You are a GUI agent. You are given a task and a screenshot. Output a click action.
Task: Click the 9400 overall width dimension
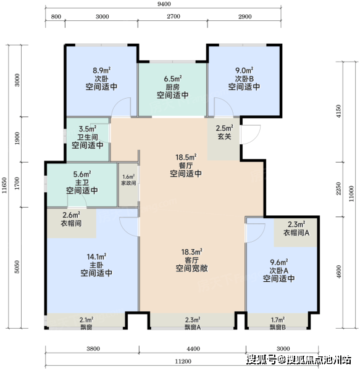tap(164, 4)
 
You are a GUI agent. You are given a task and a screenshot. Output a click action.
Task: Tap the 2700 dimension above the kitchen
tap(174, 17)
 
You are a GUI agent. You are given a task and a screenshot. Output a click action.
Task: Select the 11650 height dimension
tap(4, 185)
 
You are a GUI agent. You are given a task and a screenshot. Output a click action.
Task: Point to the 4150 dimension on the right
tap(338, 112)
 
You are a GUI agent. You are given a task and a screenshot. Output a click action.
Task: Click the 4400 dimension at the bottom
tap(193, 348)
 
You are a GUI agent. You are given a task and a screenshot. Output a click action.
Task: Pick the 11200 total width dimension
tap(183, 361)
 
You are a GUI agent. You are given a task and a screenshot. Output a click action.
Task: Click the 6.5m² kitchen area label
tap(173, 78)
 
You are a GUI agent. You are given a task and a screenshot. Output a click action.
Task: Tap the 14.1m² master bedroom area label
tap(96, 257)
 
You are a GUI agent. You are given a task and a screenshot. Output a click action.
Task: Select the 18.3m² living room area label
tap(191, 252)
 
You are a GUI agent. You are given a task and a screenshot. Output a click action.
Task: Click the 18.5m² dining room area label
tap(186, 157)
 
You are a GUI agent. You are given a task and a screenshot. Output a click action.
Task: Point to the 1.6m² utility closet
tap(128, 180)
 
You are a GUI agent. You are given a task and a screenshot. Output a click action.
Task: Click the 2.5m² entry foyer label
tap(224, 128)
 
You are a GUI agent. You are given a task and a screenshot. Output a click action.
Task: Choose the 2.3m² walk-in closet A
tap(296, 228)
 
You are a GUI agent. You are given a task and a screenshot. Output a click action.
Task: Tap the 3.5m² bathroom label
tap(88, 129)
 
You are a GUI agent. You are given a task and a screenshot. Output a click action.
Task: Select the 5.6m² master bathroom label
tap(82, 175)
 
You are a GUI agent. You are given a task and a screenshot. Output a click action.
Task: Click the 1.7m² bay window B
tap(278, 323)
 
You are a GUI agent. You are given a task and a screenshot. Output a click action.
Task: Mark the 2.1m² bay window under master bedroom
tap(86, 323)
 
